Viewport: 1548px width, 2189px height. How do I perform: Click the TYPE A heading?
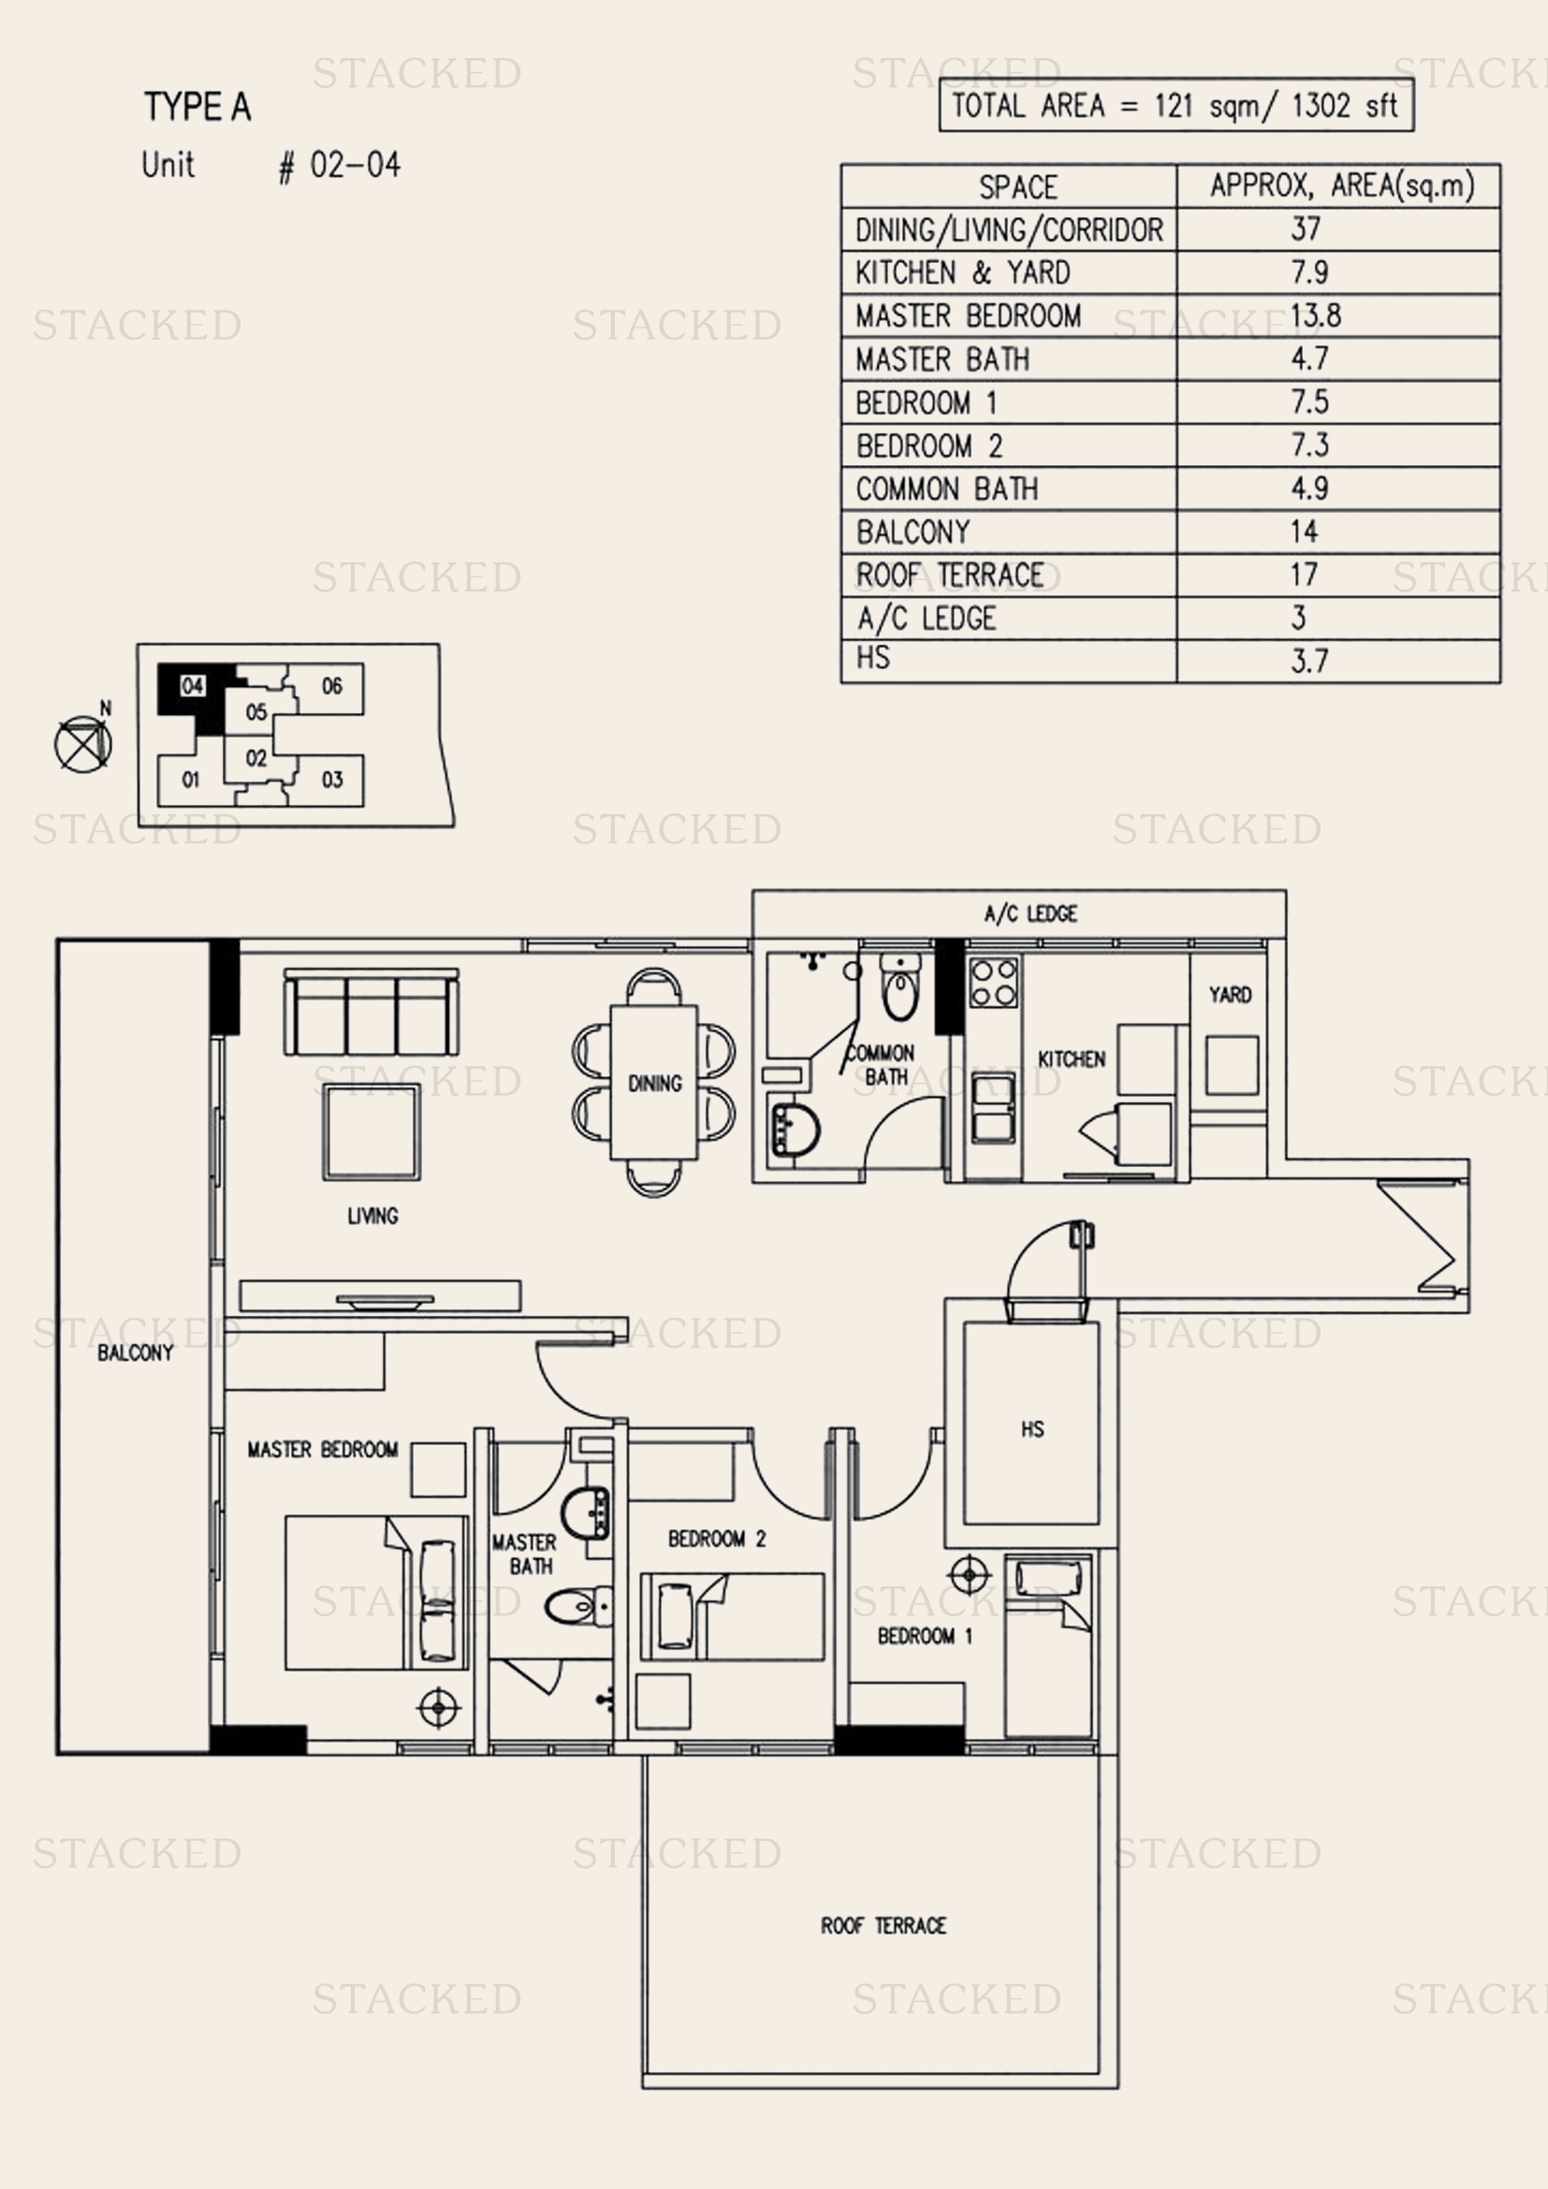point(197,107)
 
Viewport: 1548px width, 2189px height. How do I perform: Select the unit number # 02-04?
point(341,166)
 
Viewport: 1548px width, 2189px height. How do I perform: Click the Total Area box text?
point(1176,105)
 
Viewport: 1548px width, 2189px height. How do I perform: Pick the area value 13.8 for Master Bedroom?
point(1315,315)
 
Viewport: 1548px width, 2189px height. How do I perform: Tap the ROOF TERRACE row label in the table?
point(949,575)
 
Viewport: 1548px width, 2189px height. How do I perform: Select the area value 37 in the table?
point(1306,228)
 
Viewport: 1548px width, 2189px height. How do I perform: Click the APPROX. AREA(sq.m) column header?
point(1342,185)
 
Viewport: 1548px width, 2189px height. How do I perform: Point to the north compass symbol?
point(83,741)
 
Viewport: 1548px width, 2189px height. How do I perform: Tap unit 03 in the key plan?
point(331,780)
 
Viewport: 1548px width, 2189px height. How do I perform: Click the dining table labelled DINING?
point(654,1082)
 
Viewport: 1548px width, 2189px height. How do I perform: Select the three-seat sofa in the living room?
point(371,1012)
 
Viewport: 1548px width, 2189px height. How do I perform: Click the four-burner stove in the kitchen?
point(993,983)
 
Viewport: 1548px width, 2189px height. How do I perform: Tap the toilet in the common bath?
point(899,986)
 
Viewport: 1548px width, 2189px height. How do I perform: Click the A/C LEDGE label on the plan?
point(1030,913)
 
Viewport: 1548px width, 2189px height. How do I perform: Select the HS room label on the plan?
point(1032,1429)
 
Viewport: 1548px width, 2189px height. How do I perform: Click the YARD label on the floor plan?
point(1230,996)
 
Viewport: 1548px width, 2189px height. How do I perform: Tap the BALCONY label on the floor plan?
point(136,1353)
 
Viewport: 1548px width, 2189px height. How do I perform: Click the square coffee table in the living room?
point(371,1132)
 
